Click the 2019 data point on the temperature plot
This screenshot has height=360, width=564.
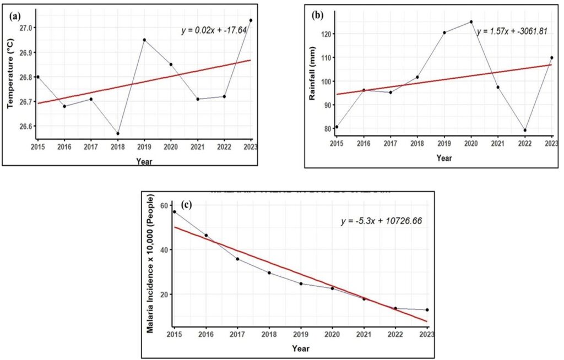144,40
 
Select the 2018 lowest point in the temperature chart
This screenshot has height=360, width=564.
118,133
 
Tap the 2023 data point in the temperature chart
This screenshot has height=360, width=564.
251,20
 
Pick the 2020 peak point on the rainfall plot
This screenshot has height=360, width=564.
471,21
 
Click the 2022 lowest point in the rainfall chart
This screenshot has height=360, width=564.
525,130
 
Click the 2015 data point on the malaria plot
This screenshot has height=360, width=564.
175,211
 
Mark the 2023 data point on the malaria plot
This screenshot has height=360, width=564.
427,310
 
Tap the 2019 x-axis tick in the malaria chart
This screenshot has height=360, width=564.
301,335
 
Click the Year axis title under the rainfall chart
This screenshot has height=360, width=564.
444,157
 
